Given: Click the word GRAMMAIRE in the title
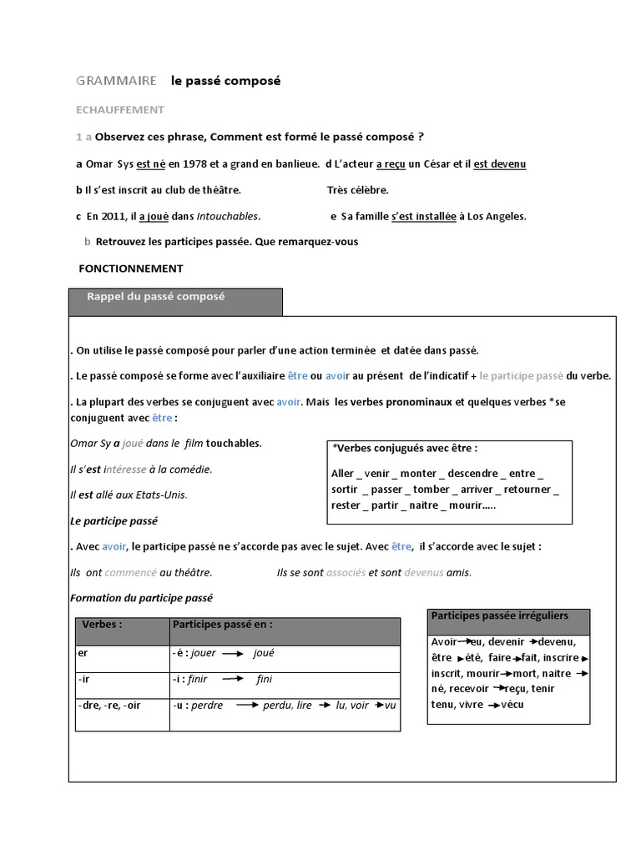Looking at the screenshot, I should pos(116,81).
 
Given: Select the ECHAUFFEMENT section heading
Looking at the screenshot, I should pos(120,109).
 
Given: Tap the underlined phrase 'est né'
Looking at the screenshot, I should pos(151,163).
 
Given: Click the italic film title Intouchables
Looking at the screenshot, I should pos(228,216).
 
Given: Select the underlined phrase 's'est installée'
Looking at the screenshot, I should pos(423,216).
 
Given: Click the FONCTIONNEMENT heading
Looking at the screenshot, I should pos(130,269).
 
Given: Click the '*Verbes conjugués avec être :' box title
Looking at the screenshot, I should pos(405,449).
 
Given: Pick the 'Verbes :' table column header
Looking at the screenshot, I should pos(102,624).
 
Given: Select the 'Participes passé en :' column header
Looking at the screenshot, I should pos(222,624).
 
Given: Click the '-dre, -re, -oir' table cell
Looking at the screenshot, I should pos(109,705).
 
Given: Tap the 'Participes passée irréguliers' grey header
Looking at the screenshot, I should pos(499,615).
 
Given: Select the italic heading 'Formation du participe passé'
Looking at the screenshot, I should pos(142,598).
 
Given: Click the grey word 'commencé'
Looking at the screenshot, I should pos(131,572).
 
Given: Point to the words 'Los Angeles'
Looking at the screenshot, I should pos(497,216).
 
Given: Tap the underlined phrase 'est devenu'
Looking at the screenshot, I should pos(500,163).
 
